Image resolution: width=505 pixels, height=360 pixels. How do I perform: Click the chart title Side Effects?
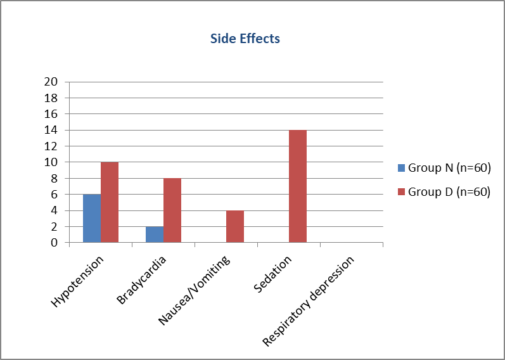tap(245, 39)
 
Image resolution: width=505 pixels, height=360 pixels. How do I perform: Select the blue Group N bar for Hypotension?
tap(92, 218)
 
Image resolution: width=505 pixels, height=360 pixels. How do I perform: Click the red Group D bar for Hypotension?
tap(110, 202)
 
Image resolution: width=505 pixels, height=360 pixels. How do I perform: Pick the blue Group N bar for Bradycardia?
tap(155, 235)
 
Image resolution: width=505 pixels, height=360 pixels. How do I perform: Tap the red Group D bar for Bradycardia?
tap(172, 210)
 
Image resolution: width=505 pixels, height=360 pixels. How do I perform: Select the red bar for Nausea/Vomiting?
tap(235, 226)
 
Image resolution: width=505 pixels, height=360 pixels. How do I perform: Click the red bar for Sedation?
tap(298, 186)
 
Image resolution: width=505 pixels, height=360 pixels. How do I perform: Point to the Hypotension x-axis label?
tap(77, 281)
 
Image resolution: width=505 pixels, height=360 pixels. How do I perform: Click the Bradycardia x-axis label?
tap(141, 280)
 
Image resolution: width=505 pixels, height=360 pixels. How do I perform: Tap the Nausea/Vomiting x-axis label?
tap(194, 290)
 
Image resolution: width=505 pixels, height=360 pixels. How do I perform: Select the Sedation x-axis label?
tap(272, 274)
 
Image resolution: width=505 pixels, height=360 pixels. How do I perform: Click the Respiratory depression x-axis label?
tap(308, 301)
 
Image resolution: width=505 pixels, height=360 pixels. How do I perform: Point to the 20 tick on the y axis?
tap(51, 82)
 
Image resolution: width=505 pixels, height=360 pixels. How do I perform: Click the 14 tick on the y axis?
tap(51, 130)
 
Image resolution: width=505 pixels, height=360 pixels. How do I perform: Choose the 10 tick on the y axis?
tap(51, 162)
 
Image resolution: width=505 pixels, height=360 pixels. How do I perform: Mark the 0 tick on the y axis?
tap(54, 243)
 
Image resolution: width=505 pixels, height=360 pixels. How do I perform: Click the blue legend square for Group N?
tap(401, 168)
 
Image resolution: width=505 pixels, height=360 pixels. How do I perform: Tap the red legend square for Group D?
tap(401, 192)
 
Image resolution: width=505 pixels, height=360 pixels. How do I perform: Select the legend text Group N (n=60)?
tap(449, 168)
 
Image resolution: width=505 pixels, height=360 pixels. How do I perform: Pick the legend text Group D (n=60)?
tap(449, 192)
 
